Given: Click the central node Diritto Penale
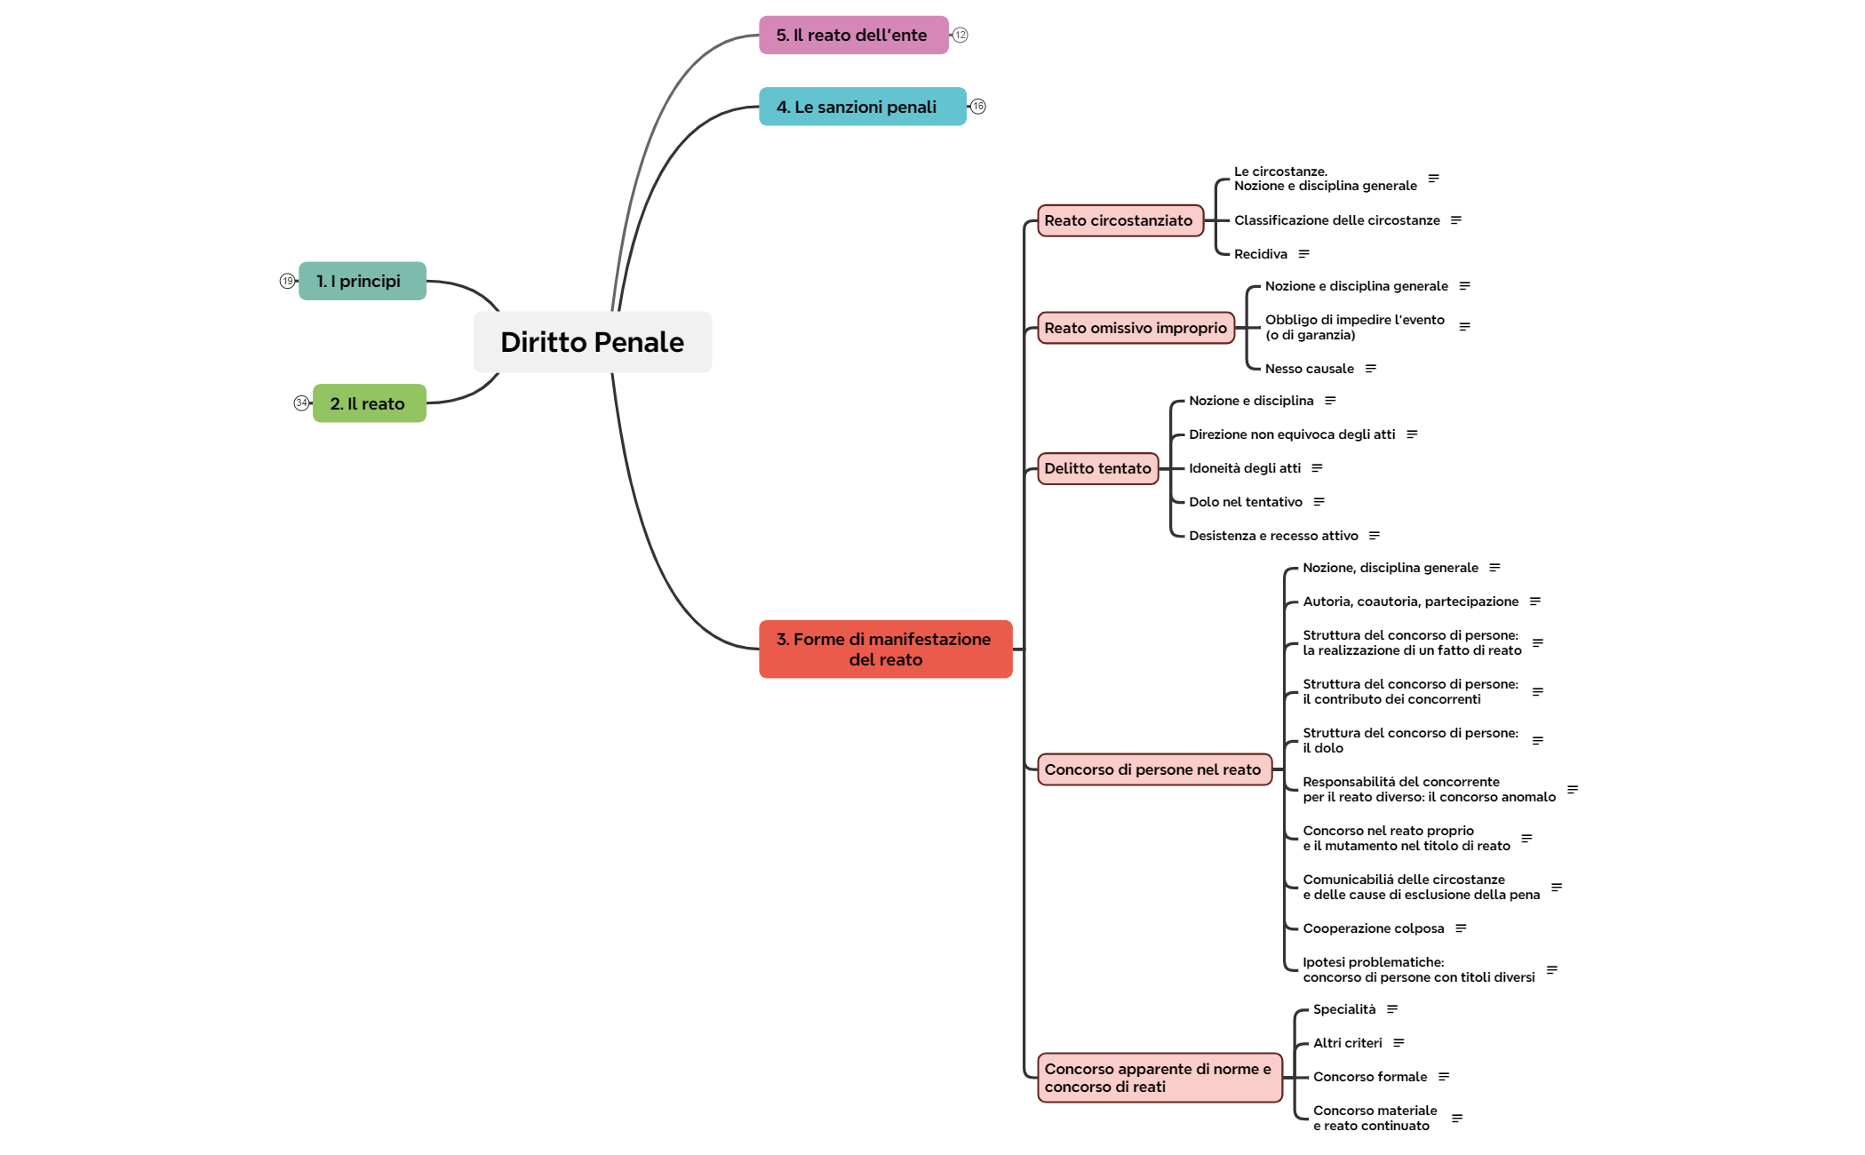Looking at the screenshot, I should (x=592, y=342).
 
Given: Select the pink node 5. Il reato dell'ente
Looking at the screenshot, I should (x=853, y=36).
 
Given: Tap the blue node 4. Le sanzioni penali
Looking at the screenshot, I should (x=862, y=107).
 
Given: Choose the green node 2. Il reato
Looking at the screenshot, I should (x=369, y=403).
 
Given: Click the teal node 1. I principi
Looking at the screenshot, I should (x=362, y=281).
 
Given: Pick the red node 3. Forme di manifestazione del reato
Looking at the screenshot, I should (x=885, y=649).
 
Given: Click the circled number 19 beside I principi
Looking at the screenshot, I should (x=287, y=281).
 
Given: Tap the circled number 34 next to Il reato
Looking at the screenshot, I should (x=301, y=403).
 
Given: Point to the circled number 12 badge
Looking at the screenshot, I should (x=960, y=36).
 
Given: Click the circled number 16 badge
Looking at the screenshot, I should (x=978, y=107).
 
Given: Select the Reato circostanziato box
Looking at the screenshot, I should (x=1120, y=220).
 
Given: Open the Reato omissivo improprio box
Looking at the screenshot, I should (x=1136, y=328).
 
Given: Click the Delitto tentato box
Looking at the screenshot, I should (x=1097, y=468).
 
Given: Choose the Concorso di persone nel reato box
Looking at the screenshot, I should (x=1153, y=769).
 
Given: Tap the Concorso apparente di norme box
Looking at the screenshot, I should (x=1159, y=1078).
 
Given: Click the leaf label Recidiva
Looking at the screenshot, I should (x=1260, y=254).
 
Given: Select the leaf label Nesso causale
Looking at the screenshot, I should (x=1309, y=369).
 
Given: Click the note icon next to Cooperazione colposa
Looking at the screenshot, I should (x=1461, y=928).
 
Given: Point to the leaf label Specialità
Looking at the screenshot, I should (x=1343, y=1009).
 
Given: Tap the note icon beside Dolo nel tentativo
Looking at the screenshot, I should (x=1319, y=502).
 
